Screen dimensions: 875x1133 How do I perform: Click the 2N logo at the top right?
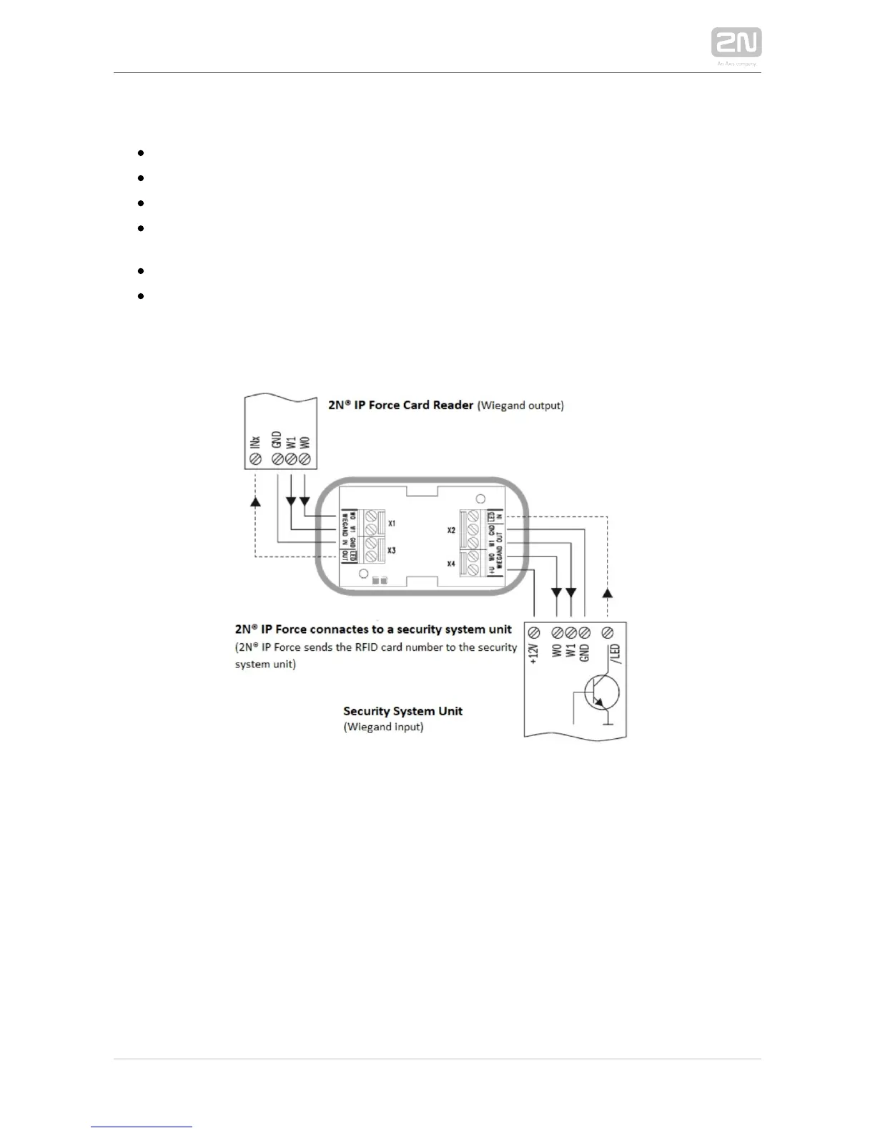click(x=736, y=42)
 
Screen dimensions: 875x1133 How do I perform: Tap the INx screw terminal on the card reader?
click(x=255, y=459)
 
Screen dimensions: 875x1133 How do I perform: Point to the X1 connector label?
click(x=392, y=524)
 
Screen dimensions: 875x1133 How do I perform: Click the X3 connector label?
click(x=392, y=550)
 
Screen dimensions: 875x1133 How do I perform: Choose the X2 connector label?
click(x=451, y=531)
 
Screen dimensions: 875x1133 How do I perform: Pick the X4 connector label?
click(x=451, y=564)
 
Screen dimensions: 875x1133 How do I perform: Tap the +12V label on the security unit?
click(x=533, y=654)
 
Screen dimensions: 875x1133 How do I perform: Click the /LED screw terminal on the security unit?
click(x=608, y=633)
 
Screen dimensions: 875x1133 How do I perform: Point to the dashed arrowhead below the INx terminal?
click(x=255, y=501)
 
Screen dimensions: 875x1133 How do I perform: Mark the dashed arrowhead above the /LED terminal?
click(x=608, y=593)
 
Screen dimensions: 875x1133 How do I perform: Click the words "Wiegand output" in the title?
click(x=521, y=406)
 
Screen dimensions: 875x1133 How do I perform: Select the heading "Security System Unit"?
click(x=402, y=711)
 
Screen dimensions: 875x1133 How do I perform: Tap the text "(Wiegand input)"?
click(x=383, y=727)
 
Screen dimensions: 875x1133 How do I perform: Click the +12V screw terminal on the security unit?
click(x=533, y=633)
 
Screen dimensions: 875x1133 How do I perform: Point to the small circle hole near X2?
click(x=481, y=499)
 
